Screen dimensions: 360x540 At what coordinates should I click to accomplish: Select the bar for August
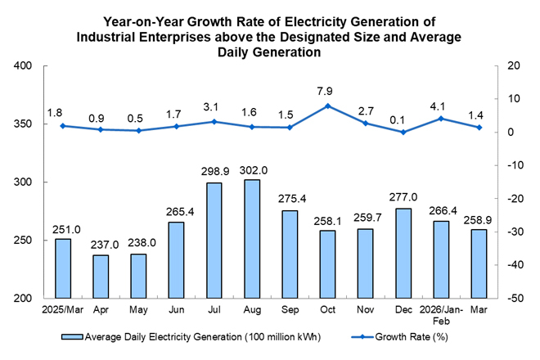252,239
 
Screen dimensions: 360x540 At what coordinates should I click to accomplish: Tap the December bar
403,253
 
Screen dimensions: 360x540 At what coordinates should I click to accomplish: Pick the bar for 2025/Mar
63,268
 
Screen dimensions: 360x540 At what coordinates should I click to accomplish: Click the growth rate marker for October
327,106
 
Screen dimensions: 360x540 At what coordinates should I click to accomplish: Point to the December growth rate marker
403,132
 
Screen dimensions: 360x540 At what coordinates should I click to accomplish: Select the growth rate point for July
214,122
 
